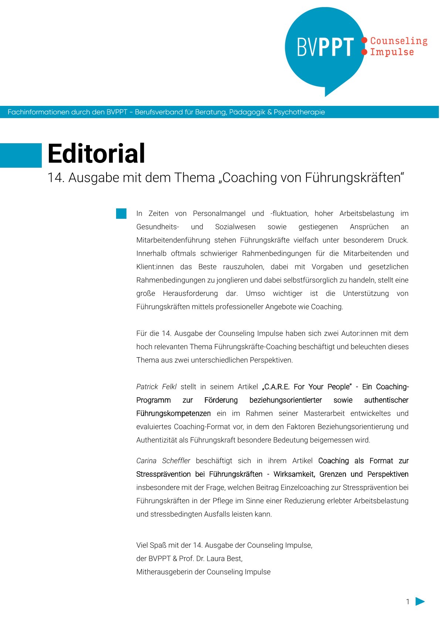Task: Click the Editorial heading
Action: point(96,154)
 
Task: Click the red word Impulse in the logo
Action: point(392,52)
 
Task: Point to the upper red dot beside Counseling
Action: point(364,40)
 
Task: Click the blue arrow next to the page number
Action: point(420,601)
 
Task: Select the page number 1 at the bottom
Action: point(408,602)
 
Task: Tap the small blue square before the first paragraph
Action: point(121,214)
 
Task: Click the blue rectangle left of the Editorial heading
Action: point(21,155)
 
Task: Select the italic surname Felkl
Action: point(169,387)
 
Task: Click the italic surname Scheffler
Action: point(176,461)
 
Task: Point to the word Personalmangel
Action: point(219,214)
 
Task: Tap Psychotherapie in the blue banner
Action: point(299,112)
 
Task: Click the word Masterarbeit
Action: point(324,413)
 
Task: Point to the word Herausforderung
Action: point(190,294)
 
